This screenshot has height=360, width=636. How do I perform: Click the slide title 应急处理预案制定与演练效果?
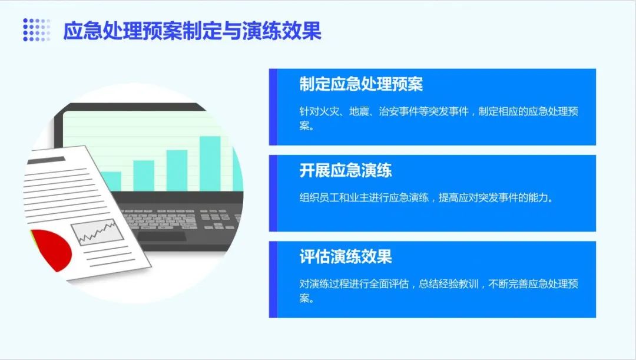coord(192,31)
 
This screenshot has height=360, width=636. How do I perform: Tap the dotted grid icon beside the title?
coord(37,30)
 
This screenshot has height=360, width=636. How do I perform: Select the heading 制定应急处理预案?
coord(361,84)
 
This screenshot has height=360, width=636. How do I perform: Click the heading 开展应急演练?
coord(346,170)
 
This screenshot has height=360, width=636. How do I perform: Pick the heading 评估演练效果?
coord(346,256)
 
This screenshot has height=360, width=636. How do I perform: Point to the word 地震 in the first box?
coord(359,111)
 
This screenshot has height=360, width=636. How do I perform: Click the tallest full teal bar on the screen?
coord(210,163)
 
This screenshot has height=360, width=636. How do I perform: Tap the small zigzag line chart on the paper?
coord(97,232)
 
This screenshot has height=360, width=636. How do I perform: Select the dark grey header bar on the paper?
coord(46,160)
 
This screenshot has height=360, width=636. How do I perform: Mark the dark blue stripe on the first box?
coord(273,107)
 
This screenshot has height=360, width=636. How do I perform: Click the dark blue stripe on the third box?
coord(273,279)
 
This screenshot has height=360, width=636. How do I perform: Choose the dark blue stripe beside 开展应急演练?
coord(273,193)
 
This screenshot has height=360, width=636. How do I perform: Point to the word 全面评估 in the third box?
coord(389,284)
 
